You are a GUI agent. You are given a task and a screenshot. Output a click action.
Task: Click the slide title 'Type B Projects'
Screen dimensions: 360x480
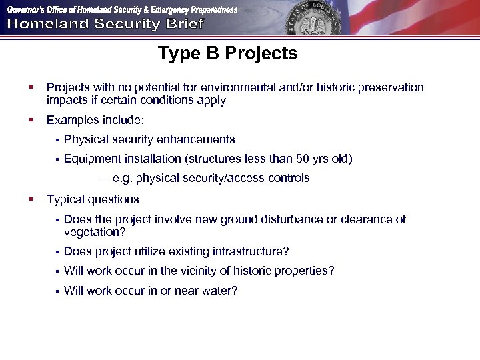[x=227, y=54]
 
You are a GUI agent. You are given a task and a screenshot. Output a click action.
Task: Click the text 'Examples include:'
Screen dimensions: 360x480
[x=95, y=121]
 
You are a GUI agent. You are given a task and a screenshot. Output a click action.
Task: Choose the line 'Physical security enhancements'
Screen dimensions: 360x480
[x=149, y=139]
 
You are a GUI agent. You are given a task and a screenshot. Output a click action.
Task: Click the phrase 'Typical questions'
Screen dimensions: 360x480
[x=93, y=199]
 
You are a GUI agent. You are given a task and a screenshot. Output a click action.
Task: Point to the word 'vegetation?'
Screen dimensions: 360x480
[x=95, y=232]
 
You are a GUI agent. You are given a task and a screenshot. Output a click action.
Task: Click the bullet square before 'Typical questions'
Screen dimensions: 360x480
[x=31, y=199]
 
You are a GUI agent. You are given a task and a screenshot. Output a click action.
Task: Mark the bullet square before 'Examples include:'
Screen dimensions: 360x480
[x=31, y=121]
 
